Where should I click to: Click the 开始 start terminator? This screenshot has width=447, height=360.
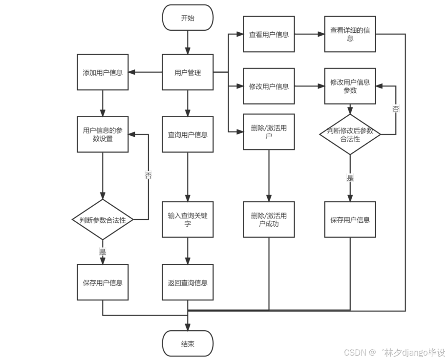pos(188,18)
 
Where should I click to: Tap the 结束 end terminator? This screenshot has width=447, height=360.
pos(188,344)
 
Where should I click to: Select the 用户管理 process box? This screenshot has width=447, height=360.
pos(188,73)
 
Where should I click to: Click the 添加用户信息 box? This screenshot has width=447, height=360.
pos(103,73)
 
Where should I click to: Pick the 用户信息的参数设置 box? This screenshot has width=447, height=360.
pos(103,134)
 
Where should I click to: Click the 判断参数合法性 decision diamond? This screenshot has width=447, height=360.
pos(103,220)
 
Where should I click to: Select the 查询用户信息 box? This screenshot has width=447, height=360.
pos(188,134)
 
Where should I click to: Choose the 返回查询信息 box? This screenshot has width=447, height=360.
pos(188,282)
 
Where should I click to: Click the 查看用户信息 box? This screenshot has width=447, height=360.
pos(269,34)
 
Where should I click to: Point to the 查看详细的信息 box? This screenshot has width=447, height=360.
pos(350,34)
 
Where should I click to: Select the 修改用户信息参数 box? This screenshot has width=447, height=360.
pos(350,86)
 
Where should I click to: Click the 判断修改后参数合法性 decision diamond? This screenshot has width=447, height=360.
pos(350,135)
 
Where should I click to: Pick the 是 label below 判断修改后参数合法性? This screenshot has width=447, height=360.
pos(350,178)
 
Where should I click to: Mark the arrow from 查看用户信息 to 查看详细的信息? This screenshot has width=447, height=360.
pos(310,35)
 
